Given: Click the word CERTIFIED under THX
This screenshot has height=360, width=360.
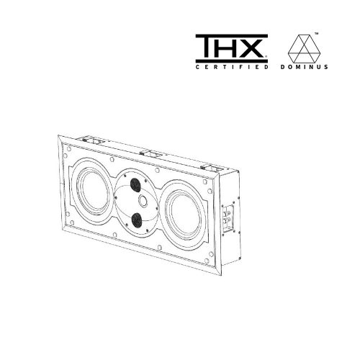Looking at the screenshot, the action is (x=232, y=67).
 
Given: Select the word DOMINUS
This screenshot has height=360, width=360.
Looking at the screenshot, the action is (x=305, y=67).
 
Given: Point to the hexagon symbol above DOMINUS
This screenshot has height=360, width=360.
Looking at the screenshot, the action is (x=305, y=48).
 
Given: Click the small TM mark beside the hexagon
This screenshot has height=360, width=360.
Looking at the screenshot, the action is (x=316, y=34).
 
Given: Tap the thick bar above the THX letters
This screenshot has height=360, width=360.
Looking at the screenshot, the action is (x=232, y=36).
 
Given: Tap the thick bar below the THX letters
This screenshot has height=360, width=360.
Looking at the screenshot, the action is (x=232, y=60).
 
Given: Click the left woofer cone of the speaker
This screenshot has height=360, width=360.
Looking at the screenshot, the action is (x=93, y=192).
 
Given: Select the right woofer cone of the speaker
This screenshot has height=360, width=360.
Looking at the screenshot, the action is (x=185, y=215).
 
